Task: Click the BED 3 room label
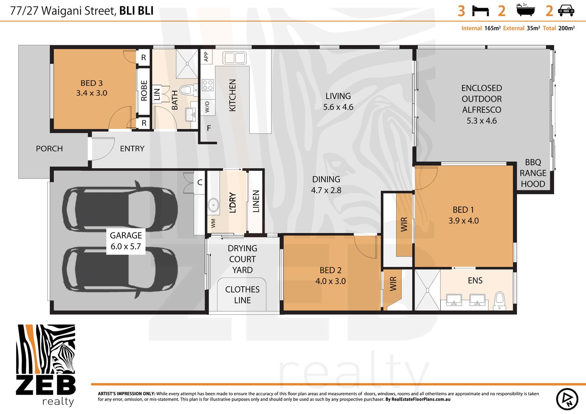[x=91, y=88]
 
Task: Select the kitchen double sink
[x=235, y=58]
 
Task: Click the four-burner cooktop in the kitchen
[x=208, y=85]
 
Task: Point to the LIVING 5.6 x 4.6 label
[x=338, y=102]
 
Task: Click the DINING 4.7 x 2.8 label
[x=326, y=185]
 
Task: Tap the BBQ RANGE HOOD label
[x=533, y=173]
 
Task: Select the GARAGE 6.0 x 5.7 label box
[x=126, y=241]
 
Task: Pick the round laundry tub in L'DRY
[x=214, y=205]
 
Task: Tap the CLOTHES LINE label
[x=242, y=295]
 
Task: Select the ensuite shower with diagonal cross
[x=427, y=290]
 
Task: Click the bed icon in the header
[x=480, y=11]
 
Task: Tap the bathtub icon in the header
[x=525, y=10]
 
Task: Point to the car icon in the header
[x=566, y=10]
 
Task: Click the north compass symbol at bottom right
[x=567, y=399]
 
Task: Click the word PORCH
[x=49, y=149]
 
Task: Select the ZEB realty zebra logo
[x=46, y=365]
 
